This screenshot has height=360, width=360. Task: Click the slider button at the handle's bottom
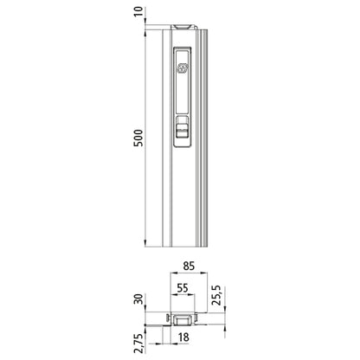pyautogui.click(x=181, y=132)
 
